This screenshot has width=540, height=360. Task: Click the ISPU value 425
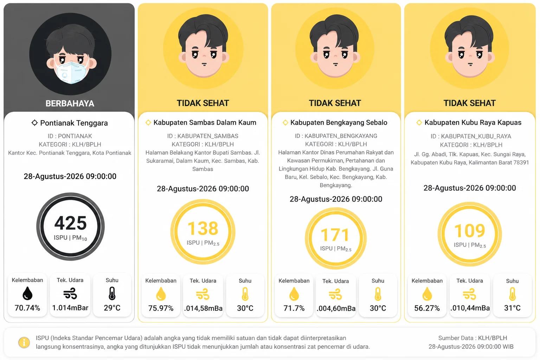[70, 223]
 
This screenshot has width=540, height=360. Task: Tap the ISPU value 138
[203, 228]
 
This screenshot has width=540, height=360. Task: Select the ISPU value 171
[335, 235]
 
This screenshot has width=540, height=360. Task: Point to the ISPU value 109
[470, 231]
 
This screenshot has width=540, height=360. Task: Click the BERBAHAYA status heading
[70, 103]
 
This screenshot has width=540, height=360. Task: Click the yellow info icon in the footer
[24, 342]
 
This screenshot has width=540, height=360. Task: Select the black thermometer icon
[112, 294]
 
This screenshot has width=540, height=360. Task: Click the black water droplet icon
[27, 294]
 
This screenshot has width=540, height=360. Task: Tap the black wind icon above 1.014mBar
[70, 294]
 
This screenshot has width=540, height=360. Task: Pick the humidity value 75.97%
[161, 308]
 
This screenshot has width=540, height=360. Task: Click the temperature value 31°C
[512, 308]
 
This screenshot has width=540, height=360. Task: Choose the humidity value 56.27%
[427, 308]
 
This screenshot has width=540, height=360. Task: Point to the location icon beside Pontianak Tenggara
[34, 123]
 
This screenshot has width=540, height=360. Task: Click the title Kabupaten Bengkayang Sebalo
[339, 122]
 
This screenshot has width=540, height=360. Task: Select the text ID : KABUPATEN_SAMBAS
[203, 136]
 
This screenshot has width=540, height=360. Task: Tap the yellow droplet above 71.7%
[294, 294]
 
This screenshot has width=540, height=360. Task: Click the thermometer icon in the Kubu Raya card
[512, 294]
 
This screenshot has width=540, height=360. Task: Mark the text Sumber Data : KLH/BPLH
[472, 338]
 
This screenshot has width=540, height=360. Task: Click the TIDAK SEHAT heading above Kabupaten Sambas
[203, 103]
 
